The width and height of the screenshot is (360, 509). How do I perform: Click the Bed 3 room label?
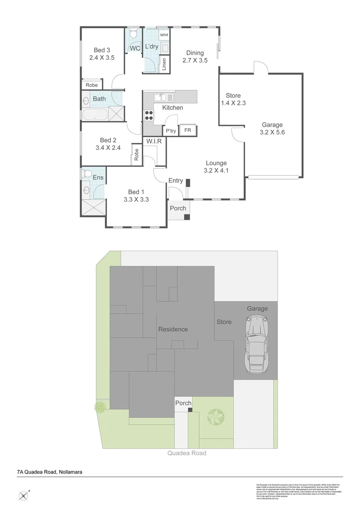tap(102, 50)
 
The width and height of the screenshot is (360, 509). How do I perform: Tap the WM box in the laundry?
tap(164, 35)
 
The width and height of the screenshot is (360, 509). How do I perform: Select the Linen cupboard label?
tap(164, 64)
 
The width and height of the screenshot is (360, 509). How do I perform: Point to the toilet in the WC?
tap(133, 34)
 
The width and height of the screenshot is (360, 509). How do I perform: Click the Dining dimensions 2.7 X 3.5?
tap(195, 60)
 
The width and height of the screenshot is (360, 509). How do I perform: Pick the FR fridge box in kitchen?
tap(188, 130)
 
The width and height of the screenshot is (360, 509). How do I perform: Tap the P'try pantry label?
tap(170, 131)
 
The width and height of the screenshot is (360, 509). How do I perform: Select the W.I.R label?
tap(154, 141)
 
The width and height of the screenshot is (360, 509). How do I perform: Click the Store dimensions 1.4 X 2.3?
tap(233, 103)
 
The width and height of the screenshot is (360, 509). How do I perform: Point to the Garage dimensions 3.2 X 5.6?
tap(272, 132)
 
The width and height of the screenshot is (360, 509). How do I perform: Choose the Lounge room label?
tap(216, 163)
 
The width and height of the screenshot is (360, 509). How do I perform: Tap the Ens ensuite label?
tap(98, 177)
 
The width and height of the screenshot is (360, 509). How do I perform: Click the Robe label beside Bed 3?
tap(91, 85)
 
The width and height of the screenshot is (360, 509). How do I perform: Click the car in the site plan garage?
tap(256, 344)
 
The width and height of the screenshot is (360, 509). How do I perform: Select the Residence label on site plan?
tap(172, 329)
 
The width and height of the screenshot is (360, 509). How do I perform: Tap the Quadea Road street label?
tap(187, 453)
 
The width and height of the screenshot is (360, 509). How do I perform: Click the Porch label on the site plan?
tap(183, 403)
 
